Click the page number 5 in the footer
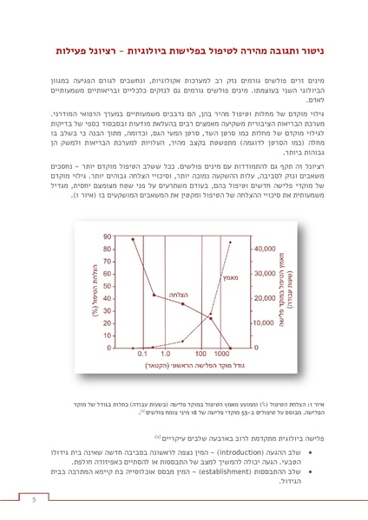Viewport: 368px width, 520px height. (x=34, y=499)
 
